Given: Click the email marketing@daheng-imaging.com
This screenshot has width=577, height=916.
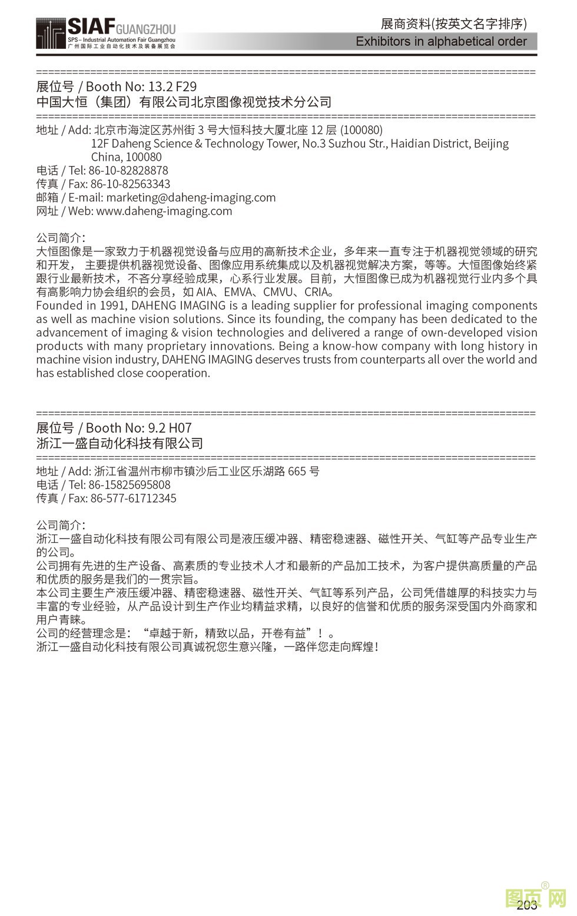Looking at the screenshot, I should (x=191, y=198).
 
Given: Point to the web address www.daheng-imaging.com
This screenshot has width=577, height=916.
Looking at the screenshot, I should (x=164, y=211).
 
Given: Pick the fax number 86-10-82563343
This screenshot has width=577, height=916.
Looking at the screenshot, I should (x=130, y=184).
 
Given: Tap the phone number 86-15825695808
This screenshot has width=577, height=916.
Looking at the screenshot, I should (x=130, y=485).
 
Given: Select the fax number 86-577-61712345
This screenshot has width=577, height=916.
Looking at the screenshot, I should (x=133, y=499).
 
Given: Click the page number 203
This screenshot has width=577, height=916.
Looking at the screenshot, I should (x=526, y=905).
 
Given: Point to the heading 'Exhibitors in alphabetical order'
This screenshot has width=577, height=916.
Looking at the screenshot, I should (x=441, y=41).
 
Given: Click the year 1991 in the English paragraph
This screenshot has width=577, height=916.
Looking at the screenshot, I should (x=114, y=306).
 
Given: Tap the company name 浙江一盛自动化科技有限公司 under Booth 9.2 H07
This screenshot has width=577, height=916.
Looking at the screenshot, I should (x=120, y=443).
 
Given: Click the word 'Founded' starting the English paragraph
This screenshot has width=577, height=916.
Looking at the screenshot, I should (x=59, y=306).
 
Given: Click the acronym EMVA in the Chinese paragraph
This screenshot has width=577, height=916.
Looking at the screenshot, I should (x=240, y=292).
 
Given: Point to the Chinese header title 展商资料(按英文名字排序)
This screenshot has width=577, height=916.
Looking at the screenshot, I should (x=453, y=24).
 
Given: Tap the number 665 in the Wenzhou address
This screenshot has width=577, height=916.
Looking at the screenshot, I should (x=297, y=472).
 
